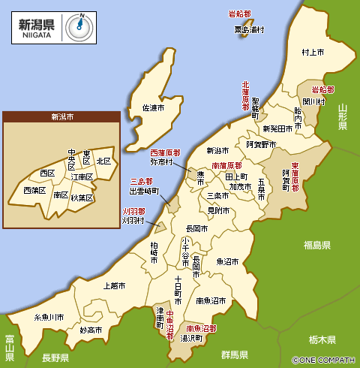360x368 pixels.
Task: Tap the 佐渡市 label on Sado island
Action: pyautogui.click(x=153, y=108)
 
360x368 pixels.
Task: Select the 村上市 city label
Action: pyautogui.click(x=312, y=53)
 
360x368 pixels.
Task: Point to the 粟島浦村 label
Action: pyautogui.click(x=250, y=30)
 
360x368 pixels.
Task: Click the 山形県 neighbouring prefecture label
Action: pyautogui.click(x=343, y=117)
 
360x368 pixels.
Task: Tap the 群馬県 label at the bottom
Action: pyautogui.click(x=235, y=354)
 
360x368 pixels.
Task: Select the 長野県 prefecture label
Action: pyautogui.click(x=55, y=357)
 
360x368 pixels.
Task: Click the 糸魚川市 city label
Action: pyautogui.click(x=54, y=318)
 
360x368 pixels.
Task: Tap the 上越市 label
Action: pyautogui.click(x=117, y=285)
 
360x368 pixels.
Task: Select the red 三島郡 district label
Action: pyautogui.click(x=141, y=182)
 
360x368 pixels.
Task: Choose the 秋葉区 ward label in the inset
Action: pyautogui.click(x=82, y=198)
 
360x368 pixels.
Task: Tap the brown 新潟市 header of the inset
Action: pyautogui.click(x=61, y=117)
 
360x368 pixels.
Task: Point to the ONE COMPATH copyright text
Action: pyautogui.click(x=325, y=360)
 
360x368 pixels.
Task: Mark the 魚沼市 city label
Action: pyautogui.click(x=227, y=262)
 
